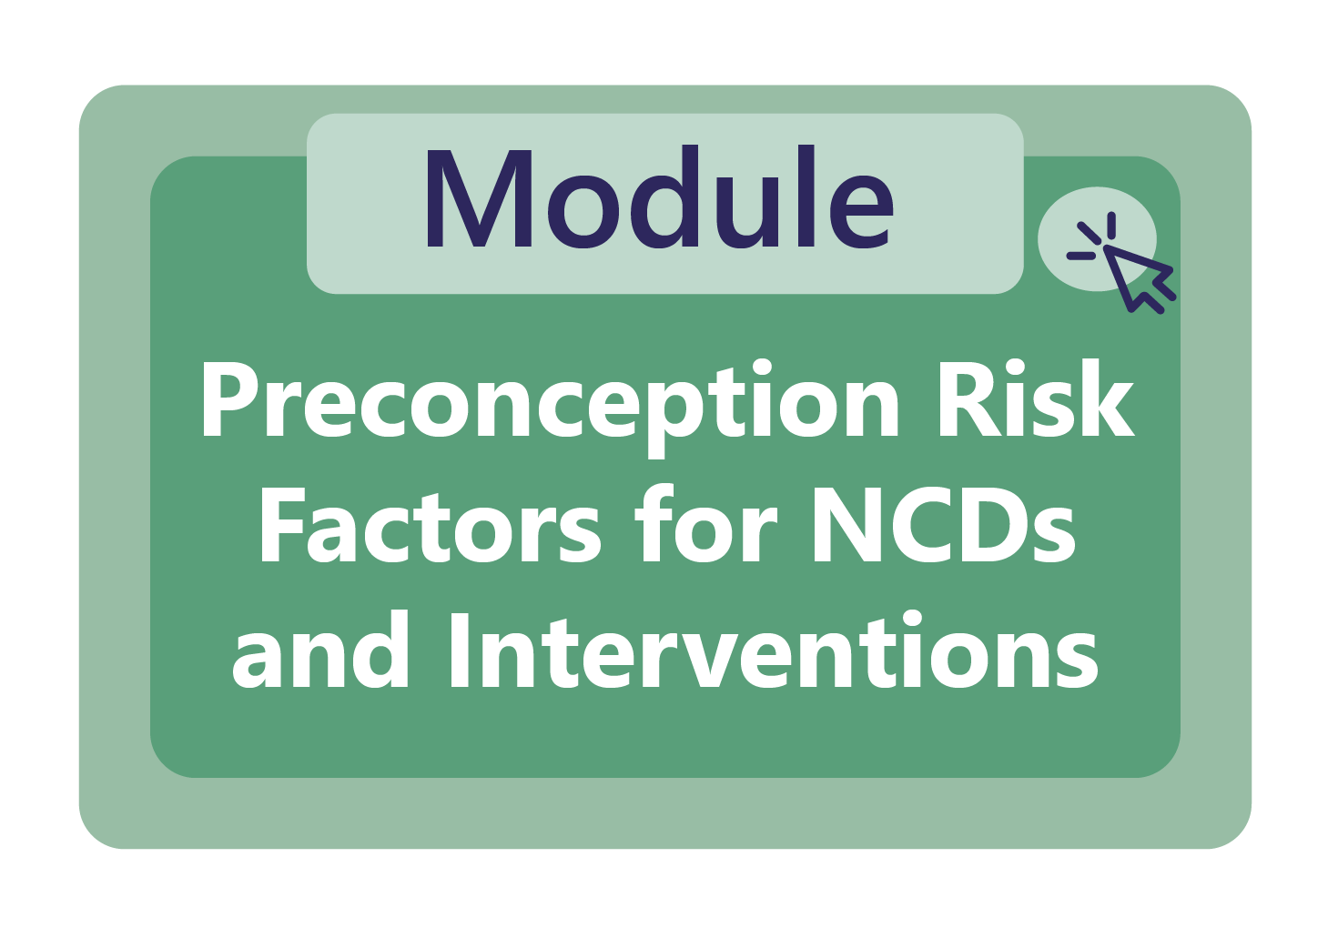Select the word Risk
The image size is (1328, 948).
coord(1035,400)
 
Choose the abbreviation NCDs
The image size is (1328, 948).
coord(943,528)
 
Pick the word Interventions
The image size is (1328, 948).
coord(773,651)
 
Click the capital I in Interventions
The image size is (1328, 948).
coord(459,650)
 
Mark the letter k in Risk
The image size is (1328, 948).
coord(1110,400)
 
